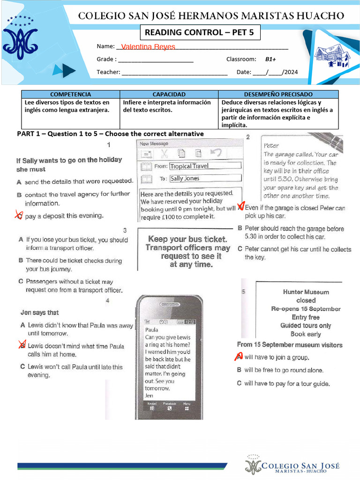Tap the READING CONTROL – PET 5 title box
(200, 33)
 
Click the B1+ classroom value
(270, 60)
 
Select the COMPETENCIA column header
(70, 94)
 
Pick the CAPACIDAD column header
(169, 94)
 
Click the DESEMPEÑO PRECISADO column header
(278, 94)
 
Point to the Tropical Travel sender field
(205, 166)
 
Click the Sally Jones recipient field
(205, 179)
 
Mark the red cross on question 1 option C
(19, 215)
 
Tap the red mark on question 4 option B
(22, 345)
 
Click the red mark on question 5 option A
(239, 357)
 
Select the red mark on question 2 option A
(241, 207)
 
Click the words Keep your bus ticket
(187, 239)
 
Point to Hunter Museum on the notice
(306, 292)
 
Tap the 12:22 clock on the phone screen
(190, 322)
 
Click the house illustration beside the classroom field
(332, 55)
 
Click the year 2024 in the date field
(291, 72)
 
